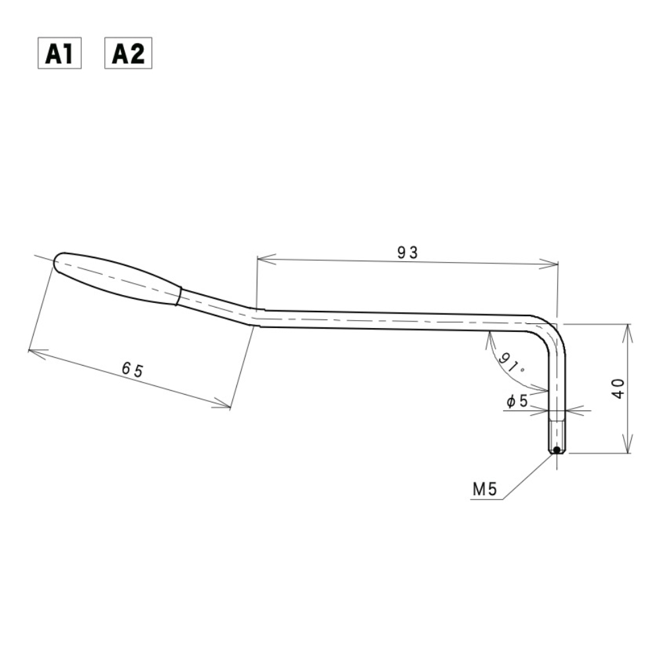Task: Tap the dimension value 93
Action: (407, 251)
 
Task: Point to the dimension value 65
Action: (132, 370)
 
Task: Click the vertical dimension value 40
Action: (618, 389)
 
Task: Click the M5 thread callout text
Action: (485, 490)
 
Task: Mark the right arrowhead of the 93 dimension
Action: (554, 265)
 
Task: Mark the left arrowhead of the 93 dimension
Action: (261, 259)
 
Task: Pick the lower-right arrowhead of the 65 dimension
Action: (226, 406)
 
